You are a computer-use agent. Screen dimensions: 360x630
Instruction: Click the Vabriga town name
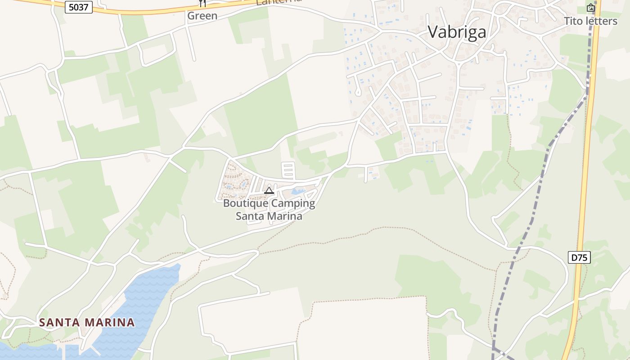point(457,32)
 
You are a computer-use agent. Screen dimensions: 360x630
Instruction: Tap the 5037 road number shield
point(79,7)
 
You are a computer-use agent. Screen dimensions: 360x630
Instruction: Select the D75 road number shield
point(579,257)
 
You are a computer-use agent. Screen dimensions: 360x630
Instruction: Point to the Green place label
point(202,16)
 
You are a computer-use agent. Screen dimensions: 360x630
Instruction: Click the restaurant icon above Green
point(202,3)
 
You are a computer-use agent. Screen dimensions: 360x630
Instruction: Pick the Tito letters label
point(590,21)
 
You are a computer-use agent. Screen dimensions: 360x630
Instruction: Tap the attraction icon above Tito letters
point(590,8)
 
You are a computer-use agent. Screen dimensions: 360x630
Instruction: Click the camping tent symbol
point(269,190)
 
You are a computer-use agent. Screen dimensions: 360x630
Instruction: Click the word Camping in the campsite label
point(293,203)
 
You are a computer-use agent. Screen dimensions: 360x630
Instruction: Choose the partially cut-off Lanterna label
point(278,2)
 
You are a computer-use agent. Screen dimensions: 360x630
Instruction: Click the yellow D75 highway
point(585,180)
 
